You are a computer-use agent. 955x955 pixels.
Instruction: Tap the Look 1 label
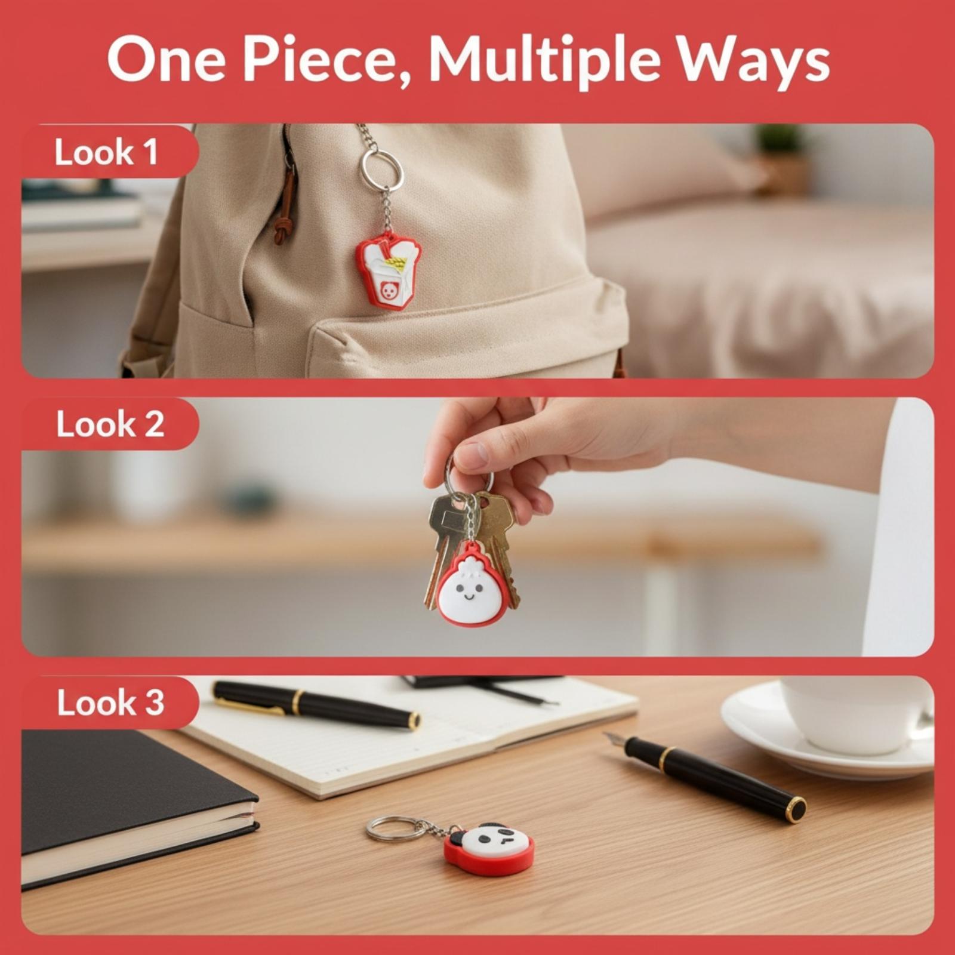click(106, 152)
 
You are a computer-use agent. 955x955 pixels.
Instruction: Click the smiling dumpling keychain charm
click(472, 585)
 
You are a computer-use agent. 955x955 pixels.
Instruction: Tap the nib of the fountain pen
click(614, 740)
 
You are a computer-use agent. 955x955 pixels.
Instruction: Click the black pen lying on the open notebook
click(316, 704)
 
